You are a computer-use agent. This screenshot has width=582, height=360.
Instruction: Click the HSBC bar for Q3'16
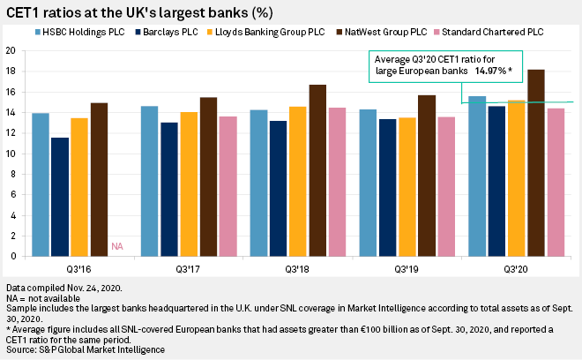(x=40, y=184)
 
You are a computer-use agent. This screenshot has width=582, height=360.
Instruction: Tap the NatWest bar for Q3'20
(x=535, y=162)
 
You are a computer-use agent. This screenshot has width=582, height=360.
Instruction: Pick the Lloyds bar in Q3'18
(x=297, y=181)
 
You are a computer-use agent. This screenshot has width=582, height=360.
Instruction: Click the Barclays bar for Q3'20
(x=496, y=181)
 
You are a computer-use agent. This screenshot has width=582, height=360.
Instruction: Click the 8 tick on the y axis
(x=12, y=174)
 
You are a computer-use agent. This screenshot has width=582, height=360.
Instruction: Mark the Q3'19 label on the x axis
(x=407, y=268)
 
